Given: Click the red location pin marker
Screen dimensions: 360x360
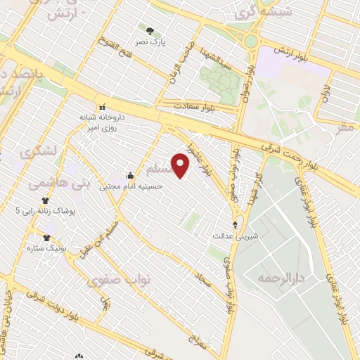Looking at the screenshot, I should [x=181, y=166].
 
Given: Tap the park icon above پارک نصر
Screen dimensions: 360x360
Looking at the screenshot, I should [x=150, y=30].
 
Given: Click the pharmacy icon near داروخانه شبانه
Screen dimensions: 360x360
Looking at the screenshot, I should [x=103, y=106].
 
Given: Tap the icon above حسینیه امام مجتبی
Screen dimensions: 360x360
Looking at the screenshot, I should [x=130, y=176].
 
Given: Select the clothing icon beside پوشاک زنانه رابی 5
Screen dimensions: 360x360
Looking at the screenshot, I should [x=45, y=200].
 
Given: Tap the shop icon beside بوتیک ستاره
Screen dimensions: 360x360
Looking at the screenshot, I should [x=47, y=238].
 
